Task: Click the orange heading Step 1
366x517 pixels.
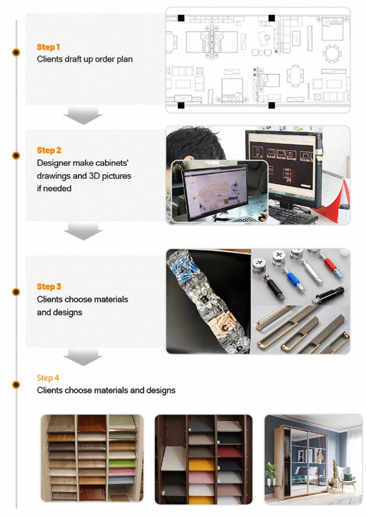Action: tap(48, 47)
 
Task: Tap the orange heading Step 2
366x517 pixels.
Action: tap(49, 150)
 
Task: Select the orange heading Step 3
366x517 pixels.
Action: tap(49, 287)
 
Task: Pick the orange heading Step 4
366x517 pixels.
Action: tap(48, 378)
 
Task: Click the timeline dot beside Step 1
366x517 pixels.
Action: tap(16, 52)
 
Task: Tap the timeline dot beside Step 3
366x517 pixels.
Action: tap(16, 292)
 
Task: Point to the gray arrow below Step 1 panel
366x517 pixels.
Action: tap(83, 116)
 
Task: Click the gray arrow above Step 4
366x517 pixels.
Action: tap(83, 357)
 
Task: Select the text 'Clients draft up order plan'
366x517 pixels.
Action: tap(85, 59)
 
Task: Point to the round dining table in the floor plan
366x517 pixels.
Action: tap(332, 53)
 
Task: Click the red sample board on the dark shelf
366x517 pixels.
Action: tap(230, 451)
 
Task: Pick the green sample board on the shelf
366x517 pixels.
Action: tap(122, 463)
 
